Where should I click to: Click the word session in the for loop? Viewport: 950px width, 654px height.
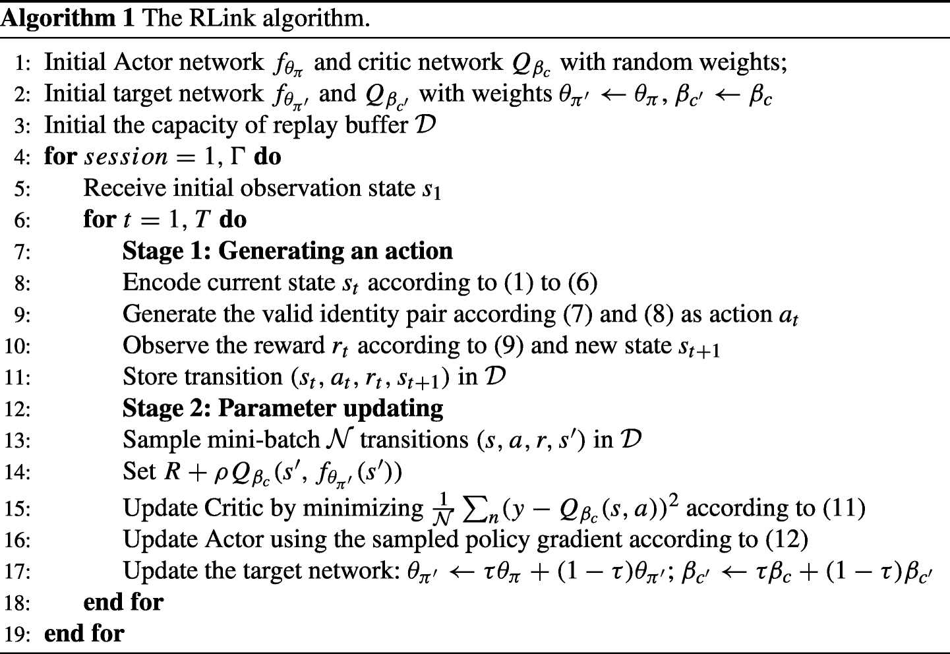[x=126, y=157]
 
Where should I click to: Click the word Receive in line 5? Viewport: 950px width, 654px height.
[x=123, y=188]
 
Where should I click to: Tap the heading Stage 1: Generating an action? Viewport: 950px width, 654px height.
[x=287, y=251]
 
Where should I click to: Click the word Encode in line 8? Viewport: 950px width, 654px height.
[x=161, y=282]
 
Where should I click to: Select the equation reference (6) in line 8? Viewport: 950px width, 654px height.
[x=582, y=283]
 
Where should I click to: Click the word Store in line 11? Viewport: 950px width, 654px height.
[x=150, y=376]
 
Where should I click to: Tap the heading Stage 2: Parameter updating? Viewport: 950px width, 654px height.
[x=283, y=408]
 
